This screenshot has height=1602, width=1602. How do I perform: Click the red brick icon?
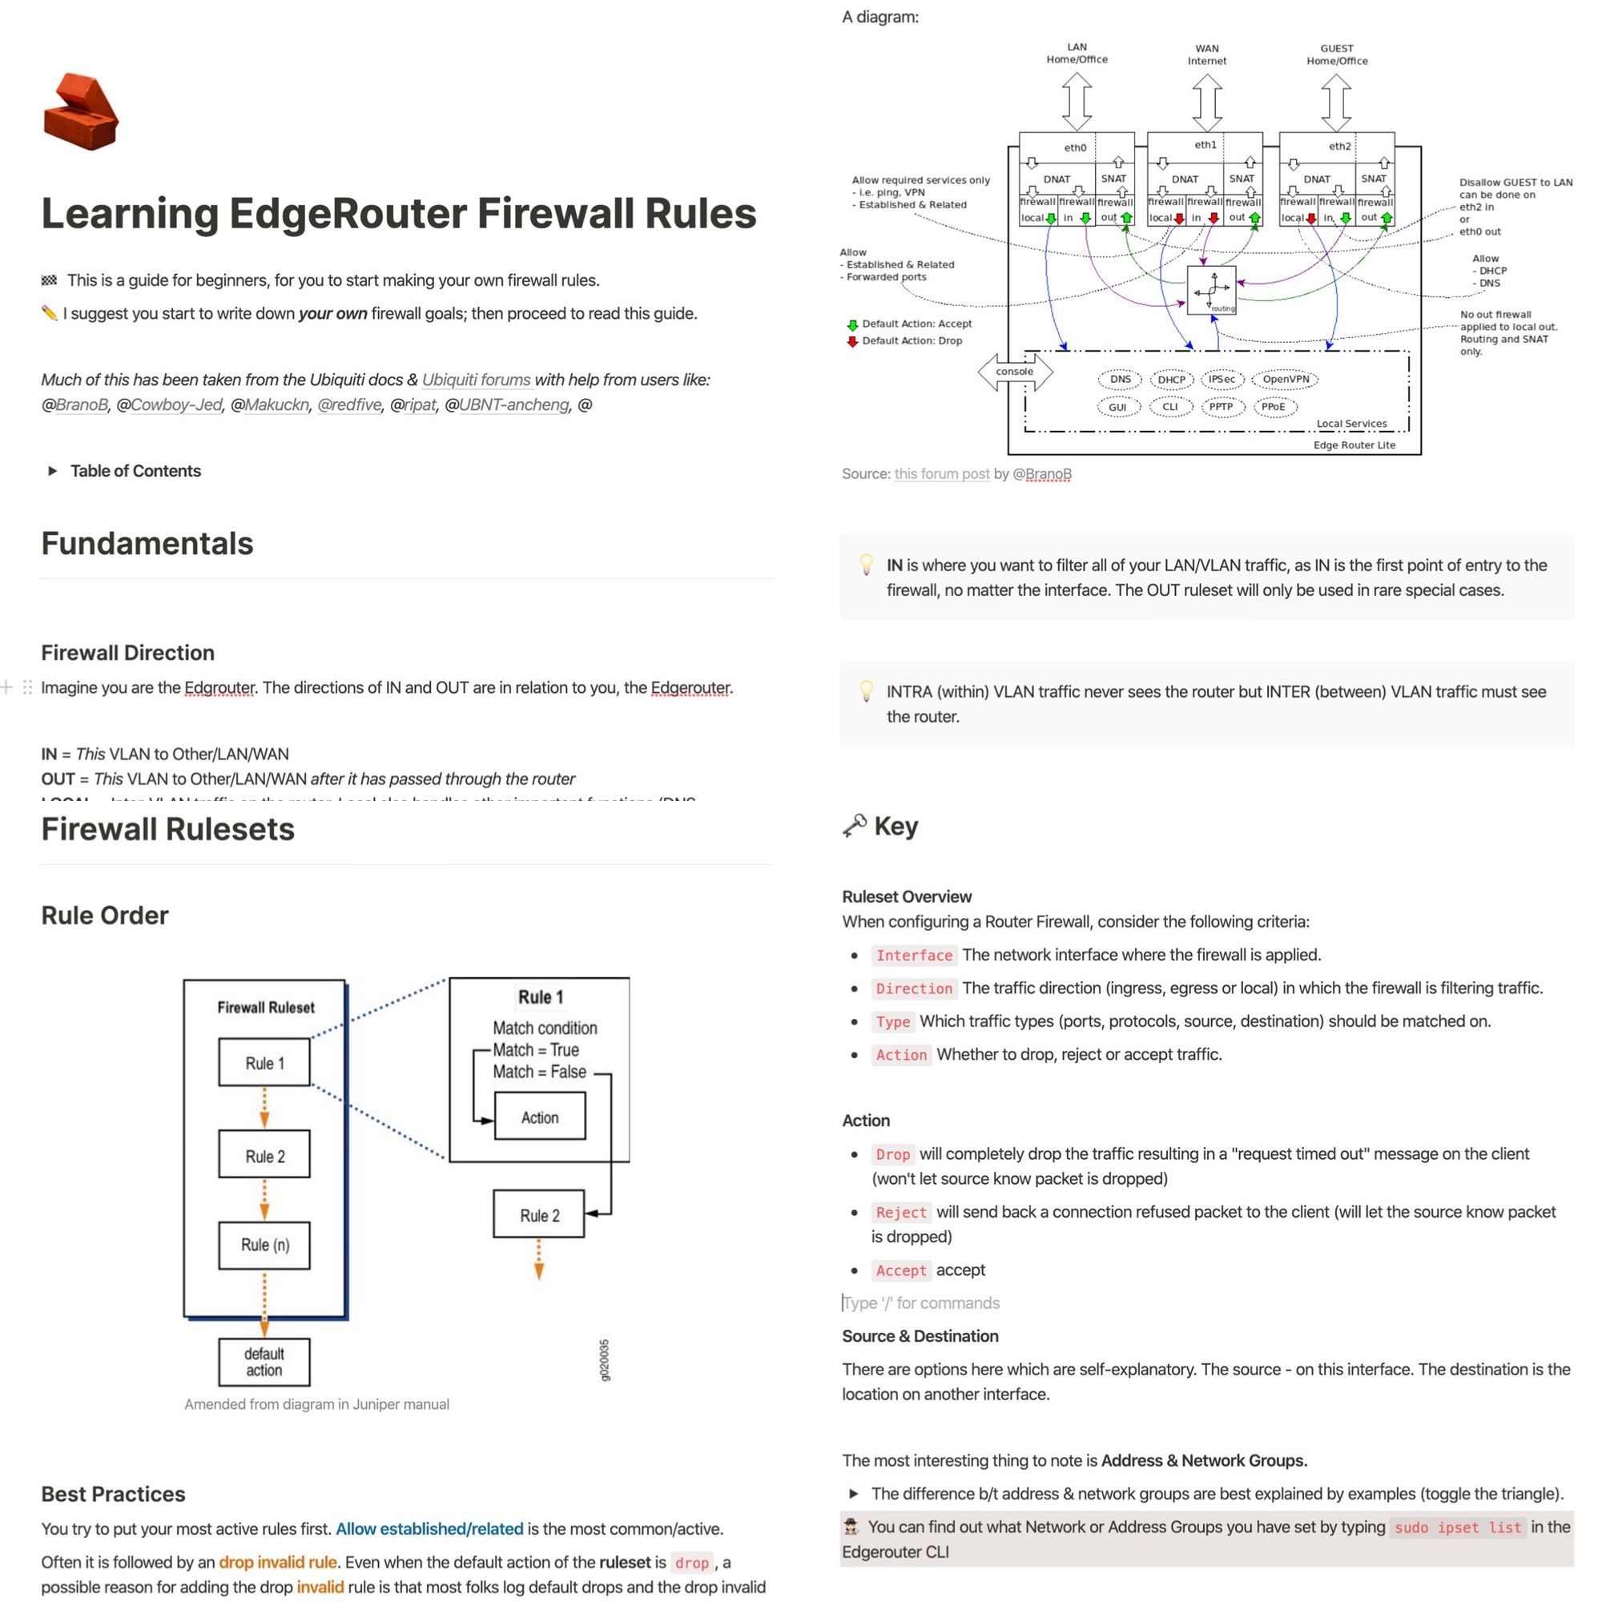point(80,112)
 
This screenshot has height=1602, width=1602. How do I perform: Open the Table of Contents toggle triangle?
point(52,471)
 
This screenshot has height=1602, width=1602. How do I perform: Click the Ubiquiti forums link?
point(476,380)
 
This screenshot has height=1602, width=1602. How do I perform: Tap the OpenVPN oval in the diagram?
point(1286,380)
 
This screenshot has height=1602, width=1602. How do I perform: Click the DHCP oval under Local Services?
point(1171,380)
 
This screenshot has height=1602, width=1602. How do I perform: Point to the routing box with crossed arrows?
point(1211,290)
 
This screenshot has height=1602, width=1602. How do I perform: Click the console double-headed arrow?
point(1015,372)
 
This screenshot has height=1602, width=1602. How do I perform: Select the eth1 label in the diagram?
point(1205,145)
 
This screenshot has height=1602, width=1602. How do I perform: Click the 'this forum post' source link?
point(941,474)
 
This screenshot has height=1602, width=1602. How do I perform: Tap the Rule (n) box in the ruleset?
point(264,1245)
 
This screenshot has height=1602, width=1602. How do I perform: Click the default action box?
point(264,1362)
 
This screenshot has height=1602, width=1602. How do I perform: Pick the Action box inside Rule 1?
point(539,1117)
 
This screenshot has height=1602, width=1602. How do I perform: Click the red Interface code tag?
point(914,956)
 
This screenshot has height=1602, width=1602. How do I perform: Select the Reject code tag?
point(900,1212)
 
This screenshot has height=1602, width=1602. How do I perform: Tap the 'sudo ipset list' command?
point(1458,1528)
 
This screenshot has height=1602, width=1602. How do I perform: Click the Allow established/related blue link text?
point(429,1529)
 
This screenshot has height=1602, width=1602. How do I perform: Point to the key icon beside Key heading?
point(854,826)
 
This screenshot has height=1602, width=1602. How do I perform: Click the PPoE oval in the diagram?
point(1273,407)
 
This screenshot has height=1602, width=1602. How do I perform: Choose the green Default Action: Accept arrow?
point(851,325)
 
